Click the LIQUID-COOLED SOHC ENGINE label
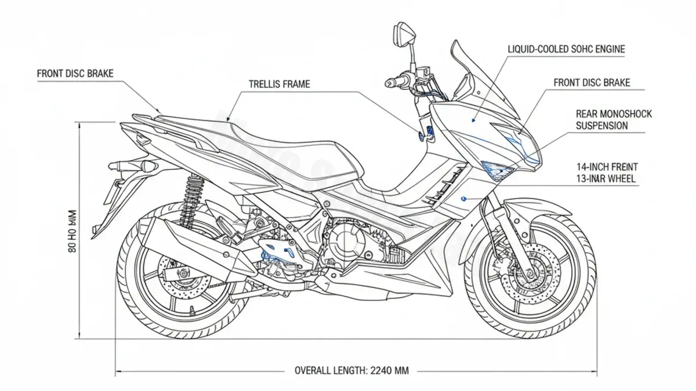pyautogui.click(x=566, y=50)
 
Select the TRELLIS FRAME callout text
pyautogui.click(x=279, y=85)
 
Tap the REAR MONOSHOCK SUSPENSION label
pyautogui.click(x=613, y=120)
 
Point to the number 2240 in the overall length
pyautogui.click(x=380, y=371)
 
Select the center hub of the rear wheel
pyautogui.click(x=184, y=273)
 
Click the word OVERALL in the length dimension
pyautogui.click(x=316, y=371)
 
